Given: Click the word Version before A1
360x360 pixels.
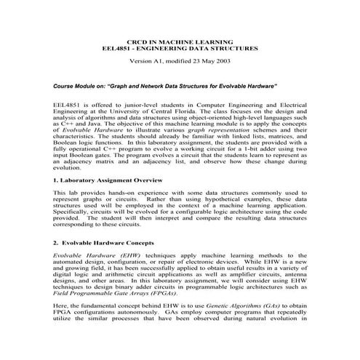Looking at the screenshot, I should point(142,61).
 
